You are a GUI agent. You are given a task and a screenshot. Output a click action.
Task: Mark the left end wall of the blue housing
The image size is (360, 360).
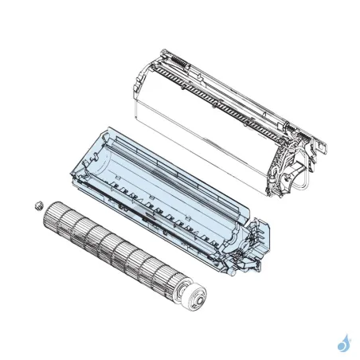(x=86, y=162)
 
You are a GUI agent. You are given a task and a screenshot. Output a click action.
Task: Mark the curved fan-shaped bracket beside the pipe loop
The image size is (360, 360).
(x=283, y=171)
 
